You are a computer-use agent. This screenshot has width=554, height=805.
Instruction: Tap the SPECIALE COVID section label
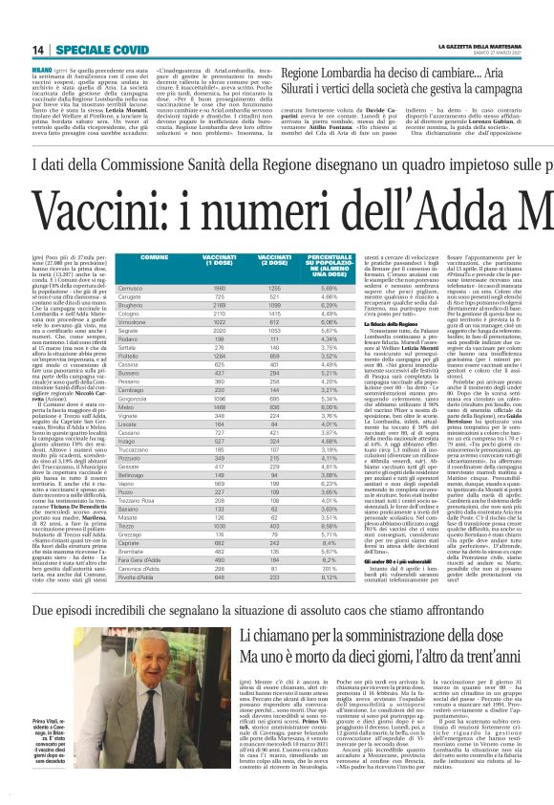(x=67, y=50)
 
